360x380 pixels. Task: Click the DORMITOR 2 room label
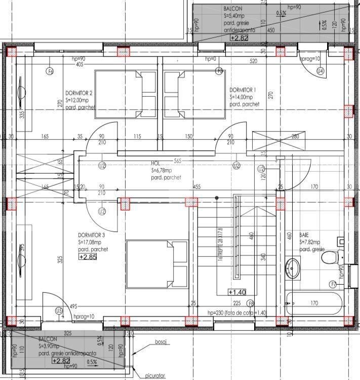point(78,94)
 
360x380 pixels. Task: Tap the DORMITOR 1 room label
point(243,90)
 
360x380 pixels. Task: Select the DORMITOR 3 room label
point(92,235)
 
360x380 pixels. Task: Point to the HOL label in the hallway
point(155,164)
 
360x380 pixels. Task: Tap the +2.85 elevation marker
point(88,257)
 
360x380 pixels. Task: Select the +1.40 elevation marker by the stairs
point(237,292)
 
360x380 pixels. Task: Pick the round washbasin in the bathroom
point(293,267)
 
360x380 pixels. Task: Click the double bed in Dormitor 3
point(157,258)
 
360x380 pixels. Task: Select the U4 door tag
point(319,72)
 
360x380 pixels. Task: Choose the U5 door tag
point(59,310)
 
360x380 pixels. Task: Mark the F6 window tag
point(50,71)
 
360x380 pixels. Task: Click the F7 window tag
point(333,284)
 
